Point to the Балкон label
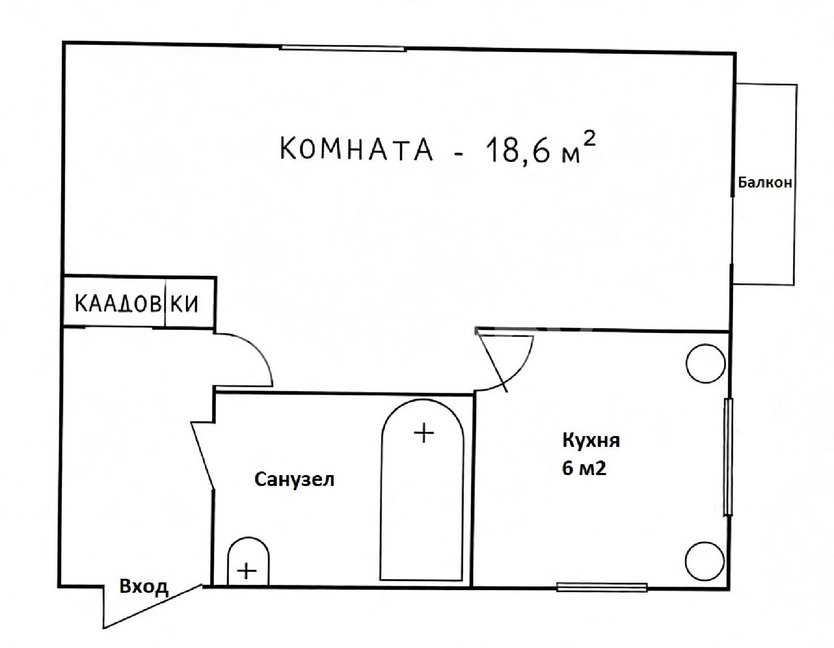point(765,182)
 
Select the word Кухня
point(591,441)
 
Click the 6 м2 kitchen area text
point(584,468)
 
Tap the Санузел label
point(294,480)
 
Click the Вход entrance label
point(143,587)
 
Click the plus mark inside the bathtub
point(424,433)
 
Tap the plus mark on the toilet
point(247,571)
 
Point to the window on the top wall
point(342,48)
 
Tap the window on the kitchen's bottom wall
point(602,587)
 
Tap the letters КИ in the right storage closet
point(184,304)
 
